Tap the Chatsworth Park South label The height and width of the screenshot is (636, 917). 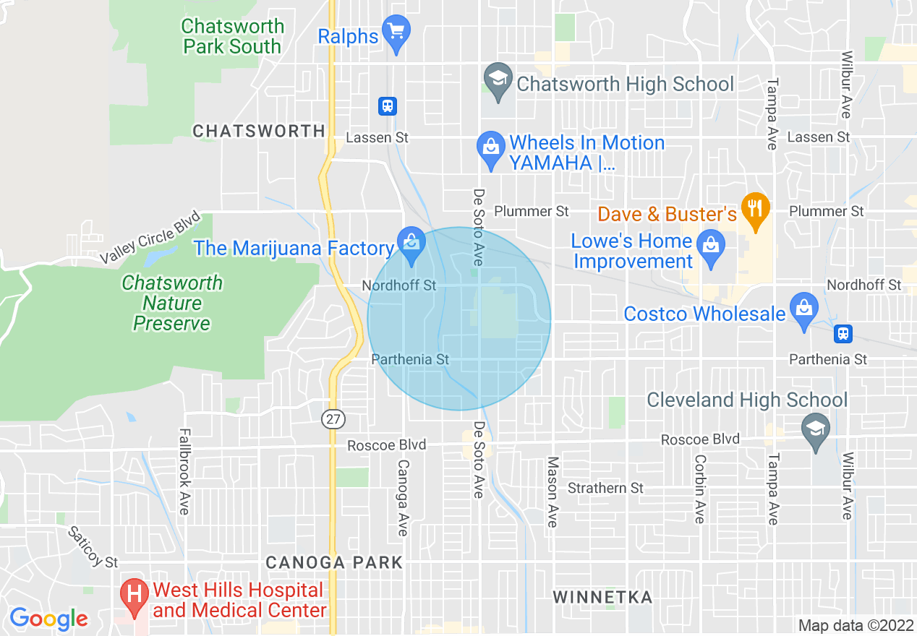[231, 36]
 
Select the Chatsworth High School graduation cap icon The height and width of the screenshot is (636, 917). [498, 80]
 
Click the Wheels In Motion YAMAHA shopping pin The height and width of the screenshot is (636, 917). [492, 147]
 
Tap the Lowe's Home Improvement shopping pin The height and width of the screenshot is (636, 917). [712, 246]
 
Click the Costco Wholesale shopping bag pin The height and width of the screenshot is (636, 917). [803, 309]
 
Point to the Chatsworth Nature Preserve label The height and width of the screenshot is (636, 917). [172, 303]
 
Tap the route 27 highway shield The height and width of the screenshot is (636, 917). [334, 419]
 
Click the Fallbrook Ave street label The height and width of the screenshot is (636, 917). [183, 472]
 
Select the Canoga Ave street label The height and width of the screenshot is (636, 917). [403, 498]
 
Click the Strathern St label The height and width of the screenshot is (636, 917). [605, 488]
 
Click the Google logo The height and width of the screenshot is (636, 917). [48, 619]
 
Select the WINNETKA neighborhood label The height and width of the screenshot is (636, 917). [603, 597]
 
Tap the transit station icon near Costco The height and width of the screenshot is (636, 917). [843, 334]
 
